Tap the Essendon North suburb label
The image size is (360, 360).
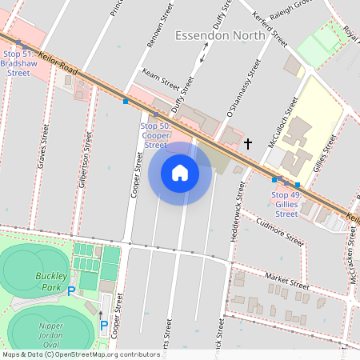[219, 36]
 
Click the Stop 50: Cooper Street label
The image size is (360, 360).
[155, 135]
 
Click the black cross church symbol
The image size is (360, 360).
[248, 144]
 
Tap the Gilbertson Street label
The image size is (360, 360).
[84, 155]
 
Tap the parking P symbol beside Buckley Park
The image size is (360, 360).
[71, 291]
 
